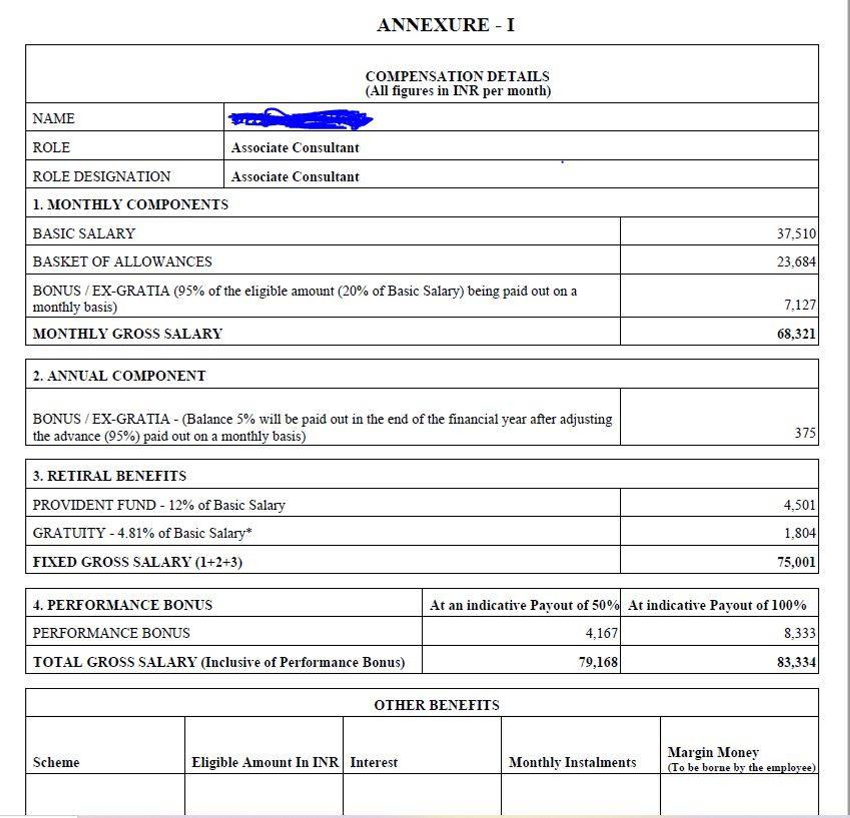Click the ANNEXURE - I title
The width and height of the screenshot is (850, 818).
click(x=445, y=25)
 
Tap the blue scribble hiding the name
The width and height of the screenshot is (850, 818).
click(x=300, y=119)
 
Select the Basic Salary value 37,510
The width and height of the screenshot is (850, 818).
click(x=796, y=234)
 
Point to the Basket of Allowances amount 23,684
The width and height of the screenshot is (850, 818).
click(x=796, y=262)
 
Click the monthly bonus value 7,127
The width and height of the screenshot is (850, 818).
click(x=799, y=305)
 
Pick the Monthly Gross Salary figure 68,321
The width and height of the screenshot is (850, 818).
click(x=796, y=334)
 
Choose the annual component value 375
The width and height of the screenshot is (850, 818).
click(x=804, y=432)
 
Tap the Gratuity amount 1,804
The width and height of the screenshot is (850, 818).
click(x=799, y=532)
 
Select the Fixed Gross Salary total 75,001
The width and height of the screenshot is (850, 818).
click(x=796, y=562)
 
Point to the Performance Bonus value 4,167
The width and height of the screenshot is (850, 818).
click(x=601, y=633)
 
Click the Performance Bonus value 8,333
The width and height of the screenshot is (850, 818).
click(x=799, y=633)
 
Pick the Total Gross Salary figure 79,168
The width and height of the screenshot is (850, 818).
click(x=598, y=662)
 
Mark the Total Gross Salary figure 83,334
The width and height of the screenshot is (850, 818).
click(x=796, y=662)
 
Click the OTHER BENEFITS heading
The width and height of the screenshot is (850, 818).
click(x=436, y=705)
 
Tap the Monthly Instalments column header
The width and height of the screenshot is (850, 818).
click(x=572, y=762)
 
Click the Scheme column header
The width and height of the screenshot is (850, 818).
click(x=56, y=762)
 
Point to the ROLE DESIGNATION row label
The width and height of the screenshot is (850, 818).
click(x=102, y=176)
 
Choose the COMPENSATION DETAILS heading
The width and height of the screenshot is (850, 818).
click(x=457, y=76)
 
